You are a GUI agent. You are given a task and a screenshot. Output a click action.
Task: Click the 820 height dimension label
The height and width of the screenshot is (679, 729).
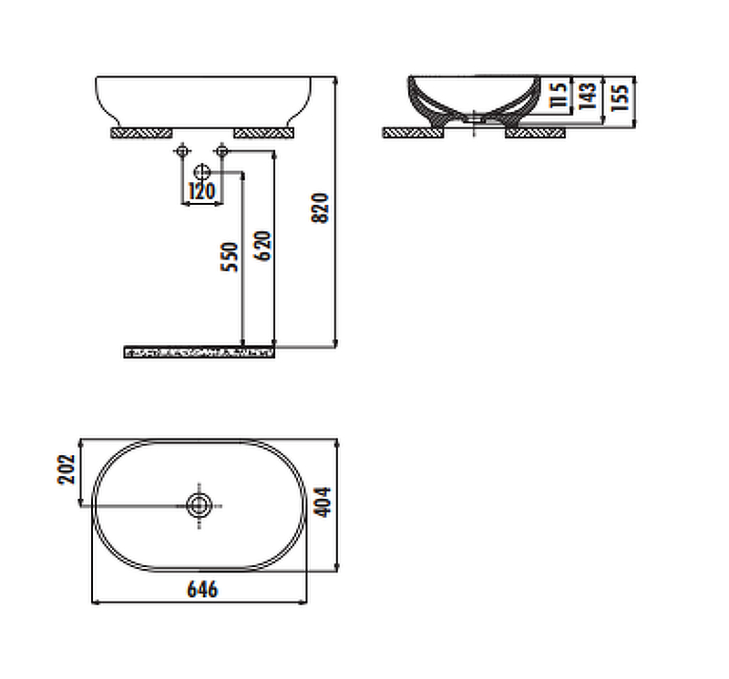pyautogui.click(x=320, y=208)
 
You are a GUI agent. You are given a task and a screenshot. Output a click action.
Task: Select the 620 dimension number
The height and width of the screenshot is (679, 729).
pyautogui.click(x=262, y=246)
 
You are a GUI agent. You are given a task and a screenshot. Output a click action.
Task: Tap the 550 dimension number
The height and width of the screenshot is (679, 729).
pyautogui.click(x=230, y=257)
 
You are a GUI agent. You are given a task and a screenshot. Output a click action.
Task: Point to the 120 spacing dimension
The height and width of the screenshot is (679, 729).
pyautogui.click(x=201, y=191)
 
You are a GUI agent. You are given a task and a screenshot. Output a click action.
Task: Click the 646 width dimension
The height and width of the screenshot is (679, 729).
pyautogui.click(x=202, y=590)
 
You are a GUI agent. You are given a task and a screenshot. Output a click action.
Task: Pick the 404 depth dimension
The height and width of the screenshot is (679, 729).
pyautogui.click(x=323, y=502)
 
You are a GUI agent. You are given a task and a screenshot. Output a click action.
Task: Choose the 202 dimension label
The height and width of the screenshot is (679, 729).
pyautogui.click(x=66, y=470)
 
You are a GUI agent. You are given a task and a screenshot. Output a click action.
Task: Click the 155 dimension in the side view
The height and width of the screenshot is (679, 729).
pyautogui.click(x=620, y=97)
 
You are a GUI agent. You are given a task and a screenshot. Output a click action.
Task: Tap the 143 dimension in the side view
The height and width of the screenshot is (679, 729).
pyautogui.click(x=588, y=96)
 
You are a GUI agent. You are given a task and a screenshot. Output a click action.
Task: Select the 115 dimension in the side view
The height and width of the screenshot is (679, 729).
pyautogui.click(x=559, y=96)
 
